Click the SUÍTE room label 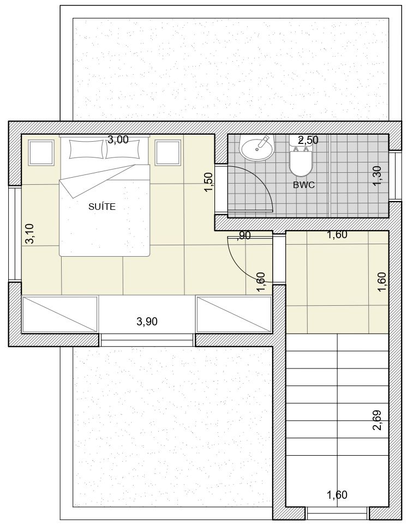tap(101, 207)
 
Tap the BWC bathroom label tap(304, 185)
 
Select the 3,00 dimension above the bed tap(118, 140)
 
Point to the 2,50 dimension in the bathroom tap(308, 140)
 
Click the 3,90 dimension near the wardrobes tap(147, 322)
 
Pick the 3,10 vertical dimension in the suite tap(29, 233)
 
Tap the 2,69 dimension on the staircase tap(377, 420)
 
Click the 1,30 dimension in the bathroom tap(377, 176)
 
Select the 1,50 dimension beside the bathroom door tap(208, 182)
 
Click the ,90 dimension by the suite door tap(244, 235)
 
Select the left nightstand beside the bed tap(41, 153)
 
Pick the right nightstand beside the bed tap(167, 153)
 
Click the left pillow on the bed tap(86, 149)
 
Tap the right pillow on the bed tap(123, 149)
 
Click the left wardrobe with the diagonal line tap(60, 315)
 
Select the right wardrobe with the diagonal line tap(234, 315)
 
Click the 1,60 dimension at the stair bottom tap(337, 495)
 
